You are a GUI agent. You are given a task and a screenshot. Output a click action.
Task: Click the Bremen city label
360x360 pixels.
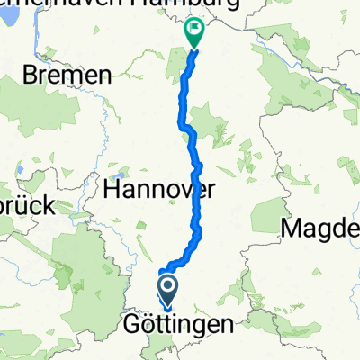tap(68, 75)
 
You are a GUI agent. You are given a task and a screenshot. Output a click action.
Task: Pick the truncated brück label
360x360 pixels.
tap(26, 205)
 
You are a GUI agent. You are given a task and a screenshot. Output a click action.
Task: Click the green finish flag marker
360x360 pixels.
tap(193, 31)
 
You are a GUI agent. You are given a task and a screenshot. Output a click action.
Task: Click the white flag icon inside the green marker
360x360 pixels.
tap(193, 29)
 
